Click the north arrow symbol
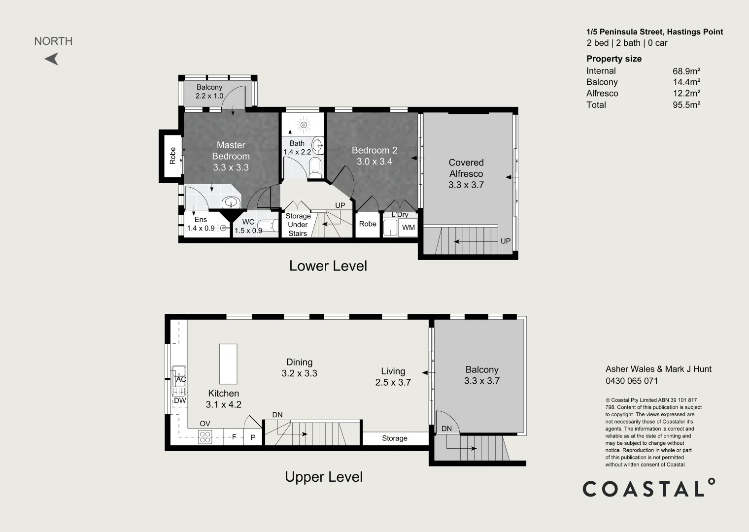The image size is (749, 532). click(52, 59)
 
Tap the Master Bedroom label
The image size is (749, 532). click(231, 156)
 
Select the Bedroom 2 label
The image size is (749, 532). click(374, 156)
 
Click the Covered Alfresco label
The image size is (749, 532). click(466, 173)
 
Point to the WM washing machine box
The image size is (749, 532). click(409, 228)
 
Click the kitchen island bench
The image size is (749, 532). click(228, 364)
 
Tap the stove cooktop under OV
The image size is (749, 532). click(205, 437)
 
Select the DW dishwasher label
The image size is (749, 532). click(180, 400)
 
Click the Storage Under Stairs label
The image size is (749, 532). click(298, 225)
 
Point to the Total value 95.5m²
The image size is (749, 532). click(686, 104)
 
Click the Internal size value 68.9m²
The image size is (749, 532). click(686, 71)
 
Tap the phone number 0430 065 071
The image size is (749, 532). click(632, 381)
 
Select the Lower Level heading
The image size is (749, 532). click(328, 266)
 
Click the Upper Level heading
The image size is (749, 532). click(324, 477)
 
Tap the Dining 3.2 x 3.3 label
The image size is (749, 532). click(300, 368)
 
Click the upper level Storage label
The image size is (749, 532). click(395, 438)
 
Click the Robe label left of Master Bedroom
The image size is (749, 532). click(172, 156)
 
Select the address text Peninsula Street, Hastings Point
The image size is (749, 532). click(654, 32)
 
